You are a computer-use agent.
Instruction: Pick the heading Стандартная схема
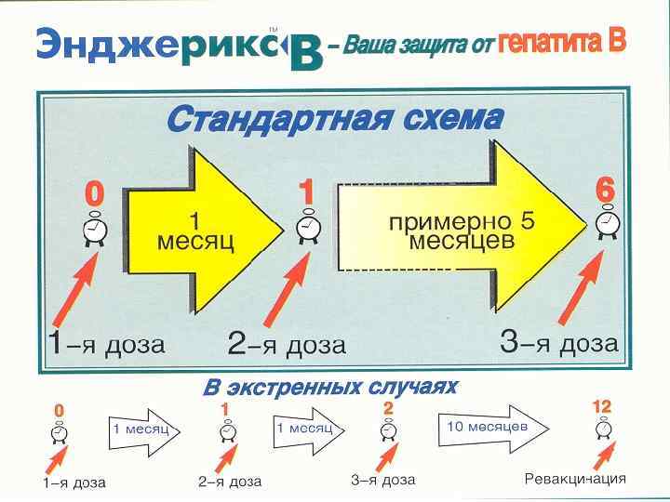tap(335, 120)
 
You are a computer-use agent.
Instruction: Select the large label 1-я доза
tap(106, 344)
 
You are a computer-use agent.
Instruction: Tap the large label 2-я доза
tap(287, 345)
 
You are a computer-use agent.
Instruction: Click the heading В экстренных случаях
tap(330, 387)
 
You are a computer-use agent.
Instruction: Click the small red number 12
tap(602, 407)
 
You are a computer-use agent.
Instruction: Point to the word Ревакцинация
tap(575, 479)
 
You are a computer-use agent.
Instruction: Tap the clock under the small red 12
tap(603, 429)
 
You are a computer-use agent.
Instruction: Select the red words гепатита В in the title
tap(562, 42)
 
